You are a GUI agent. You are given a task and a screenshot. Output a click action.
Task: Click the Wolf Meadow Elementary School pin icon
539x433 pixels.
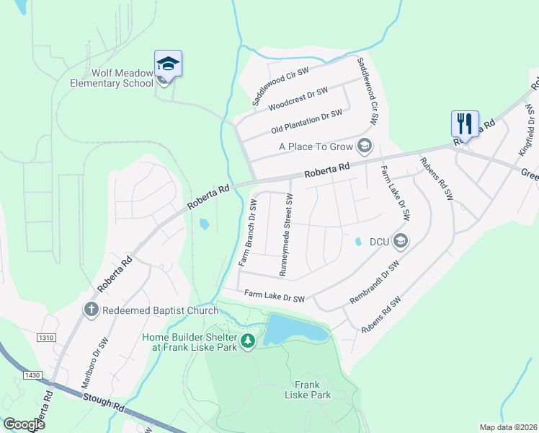pos(168,64)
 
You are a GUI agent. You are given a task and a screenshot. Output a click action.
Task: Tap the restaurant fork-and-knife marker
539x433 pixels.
pos(465,123)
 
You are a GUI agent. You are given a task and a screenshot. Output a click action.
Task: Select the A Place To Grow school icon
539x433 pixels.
pos(365,146)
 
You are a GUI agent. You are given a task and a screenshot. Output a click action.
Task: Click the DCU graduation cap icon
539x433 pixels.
pos(401,242)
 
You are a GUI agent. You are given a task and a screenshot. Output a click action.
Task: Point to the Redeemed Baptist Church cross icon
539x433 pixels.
pos(92,310)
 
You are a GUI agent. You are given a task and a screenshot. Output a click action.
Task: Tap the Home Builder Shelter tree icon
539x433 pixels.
pos(248,341)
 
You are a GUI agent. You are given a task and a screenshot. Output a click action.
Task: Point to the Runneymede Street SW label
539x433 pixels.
pos(285,235)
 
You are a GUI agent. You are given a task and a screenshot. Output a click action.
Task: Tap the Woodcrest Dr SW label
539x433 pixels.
pos(298,99)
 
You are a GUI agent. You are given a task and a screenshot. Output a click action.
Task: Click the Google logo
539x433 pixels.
pos(23,424)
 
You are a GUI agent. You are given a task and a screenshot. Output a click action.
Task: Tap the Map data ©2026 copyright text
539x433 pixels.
pos(508,427)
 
